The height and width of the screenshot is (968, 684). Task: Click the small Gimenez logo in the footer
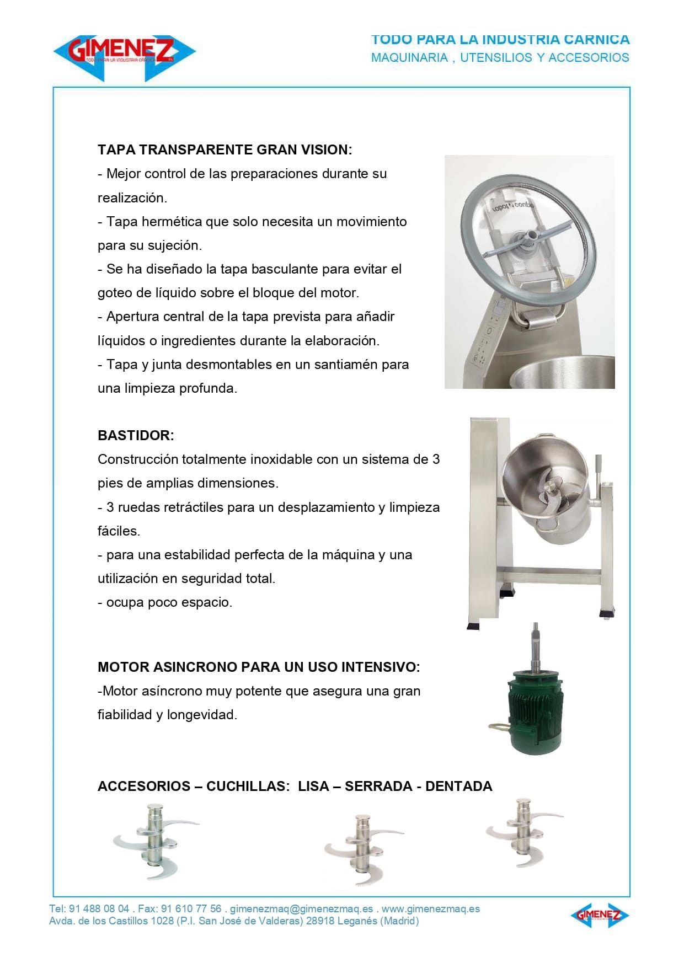(x=599, y=915)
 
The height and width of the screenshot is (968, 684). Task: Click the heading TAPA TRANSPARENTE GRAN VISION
(x=225, y=149)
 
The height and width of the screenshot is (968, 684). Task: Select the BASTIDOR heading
(x=136, y=435)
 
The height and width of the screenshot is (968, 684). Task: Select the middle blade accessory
(x=363, y=849)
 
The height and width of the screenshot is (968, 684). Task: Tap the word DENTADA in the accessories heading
(x=458, y=786)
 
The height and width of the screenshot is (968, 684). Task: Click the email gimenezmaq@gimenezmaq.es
(x=301, y=909)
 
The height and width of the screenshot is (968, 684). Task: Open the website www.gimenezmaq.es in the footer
(x=430, y=909)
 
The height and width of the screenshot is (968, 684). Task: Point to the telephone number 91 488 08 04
(x=99, y=909)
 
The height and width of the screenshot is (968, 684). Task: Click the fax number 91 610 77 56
(x=191, y=909)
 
